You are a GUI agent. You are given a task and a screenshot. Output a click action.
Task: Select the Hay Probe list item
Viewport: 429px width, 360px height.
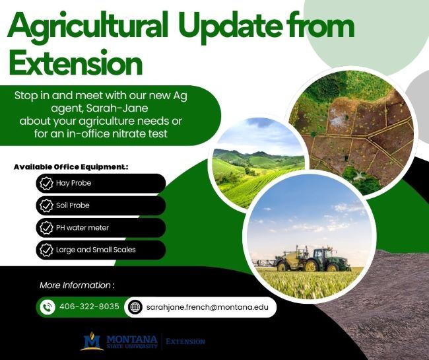[x=73, y=183]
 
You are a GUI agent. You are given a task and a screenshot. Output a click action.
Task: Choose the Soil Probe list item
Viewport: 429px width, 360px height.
[x=73, y=205]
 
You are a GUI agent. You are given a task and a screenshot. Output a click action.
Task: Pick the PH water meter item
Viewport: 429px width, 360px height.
[x=82, y=228]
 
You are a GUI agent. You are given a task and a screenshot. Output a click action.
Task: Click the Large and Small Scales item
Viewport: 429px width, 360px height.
[x=96, y=250]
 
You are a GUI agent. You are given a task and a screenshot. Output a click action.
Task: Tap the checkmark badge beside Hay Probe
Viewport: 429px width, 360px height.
[x=46, y=183]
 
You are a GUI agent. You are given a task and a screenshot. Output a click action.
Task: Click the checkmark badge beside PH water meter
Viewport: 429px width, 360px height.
[x=46, y=228]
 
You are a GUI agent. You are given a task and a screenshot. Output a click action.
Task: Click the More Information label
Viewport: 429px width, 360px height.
[x=77, y=285]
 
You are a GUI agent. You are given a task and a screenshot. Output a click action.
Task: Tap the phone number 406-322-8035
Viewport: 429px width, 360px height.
[x=89, y=307]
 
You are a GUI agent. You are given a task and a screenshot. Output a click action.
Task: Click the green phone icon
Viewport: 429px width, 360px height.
[x=48, y=307]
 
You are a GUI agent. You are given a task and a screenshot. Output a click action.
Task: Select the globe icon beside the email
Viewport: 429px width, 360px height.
[x=135, y=307]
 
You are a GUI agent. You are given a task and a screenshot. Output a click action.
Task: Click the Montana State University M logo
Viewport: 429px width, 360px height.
[x=92, y=341]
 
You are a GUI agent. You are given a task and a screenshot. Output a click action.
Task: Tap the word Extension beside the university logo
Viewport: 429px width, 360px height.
[x=185, y=342]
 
